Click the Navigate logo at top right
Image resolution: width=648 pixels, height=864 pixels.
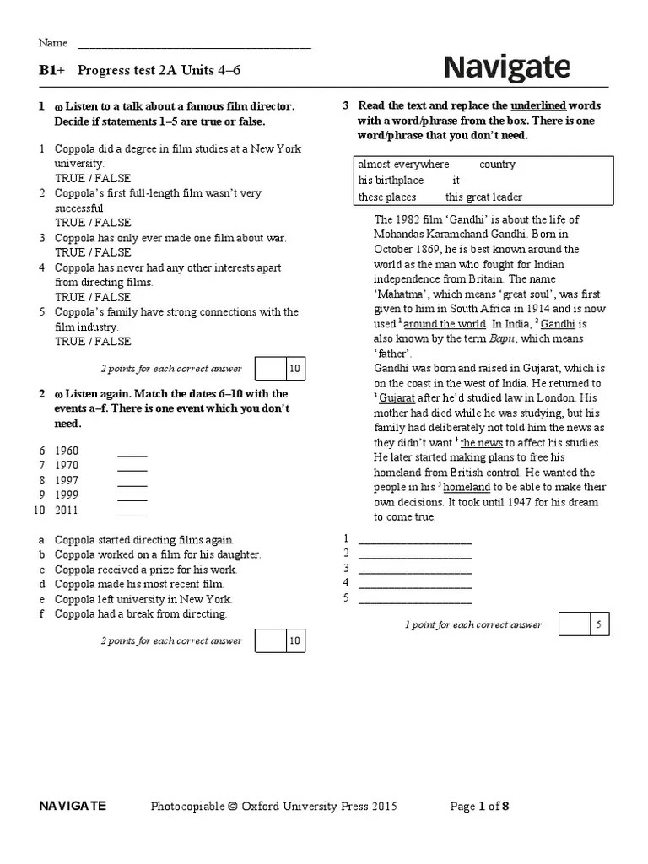click(506, 67)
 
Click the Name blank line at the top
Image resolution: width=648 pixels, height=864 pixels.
click(194, 47)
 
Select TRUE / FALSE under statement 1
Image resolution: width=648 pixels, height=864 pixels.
click(93, 178)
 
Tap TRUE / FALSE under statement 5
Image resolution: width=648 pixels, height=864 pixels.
click(93, 342)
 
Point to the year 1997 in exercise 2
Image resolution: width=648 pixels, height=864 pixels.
click(67, 481)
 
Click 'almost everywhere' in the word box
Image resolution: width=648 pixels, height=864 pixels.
click(403, 165)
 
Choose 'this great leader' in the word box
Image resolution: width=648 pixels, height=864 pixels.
click(483, 197)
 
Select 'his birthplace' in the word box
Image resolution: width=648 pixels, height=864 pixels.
click(391, 181)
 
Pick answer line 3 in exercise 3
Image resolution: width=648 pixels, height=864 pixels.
click(415, 569)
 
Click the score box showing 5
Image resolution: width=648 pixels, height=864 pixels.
click(598, 624)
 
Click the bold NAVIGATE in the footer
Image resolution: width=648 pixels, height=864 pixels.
click(73, 806)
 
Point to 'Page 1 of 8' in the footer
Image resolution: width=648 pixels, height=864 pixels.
click(479, 807)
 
